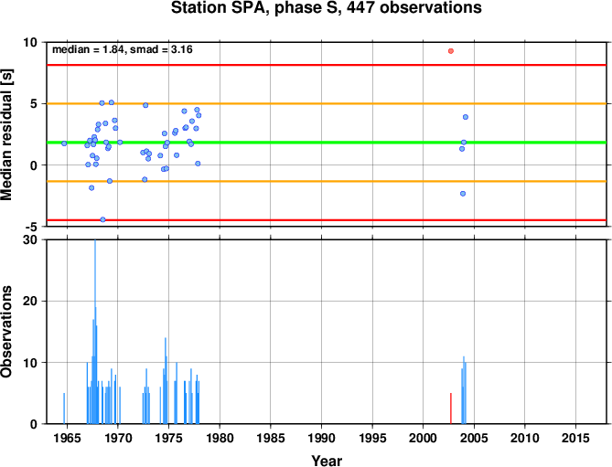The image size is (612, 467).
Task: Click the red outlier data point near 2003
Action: pyautogui.click(x=451, y=51)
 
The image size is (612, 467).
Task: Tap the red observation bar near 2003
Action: pyautogui.click(x=451, y=409)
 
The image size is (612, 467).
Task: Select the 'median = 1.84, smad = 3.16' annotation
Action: pyautogui.click(x=123, y=49)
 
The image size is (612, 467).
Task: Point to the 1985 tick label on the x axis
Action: pyautogui.click(x=271, y=438)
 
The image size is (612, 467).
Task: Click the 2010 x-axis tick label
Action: pyautogui.click(x=524, y=438)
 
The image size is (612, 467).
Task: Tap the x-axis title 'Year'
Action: pyautogui.click(x=327, y=461)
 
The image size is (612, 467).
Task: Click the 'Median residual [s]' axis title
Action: pyautogui.click(x=6, y=134)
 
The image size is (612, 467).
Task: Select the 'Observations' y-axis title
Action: pyautogui.click(x=6, y=332)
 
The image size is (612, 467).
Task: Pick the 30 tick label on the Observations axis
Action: pyautogui.click(x=30, y=239)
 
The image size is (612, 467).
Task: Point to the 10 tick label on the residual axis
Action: pyautogui.click(x=30, y=42)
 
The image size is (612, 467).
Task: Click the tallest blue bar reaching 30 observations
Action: pyautogui.click(x=95, y=332)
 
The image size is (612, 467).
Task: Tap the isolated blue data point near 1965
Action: pyautogui.click(x=64, y=143)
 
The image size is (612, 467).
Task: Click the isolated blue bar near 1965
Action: pyautogui.click(x=64, y=409)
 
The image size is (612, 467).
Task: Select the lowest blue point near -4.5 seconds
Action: pyautogui.click(x=102, y=219)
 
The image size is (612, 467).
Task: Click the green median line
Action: pyautogui.click(x=327, y=143)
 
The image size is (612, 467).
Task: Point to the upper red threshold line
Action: pyautogui.click(x=327, y=65)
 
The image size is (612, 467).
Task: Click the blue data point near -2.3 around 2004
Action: pyautogui.click(x=463, y=194)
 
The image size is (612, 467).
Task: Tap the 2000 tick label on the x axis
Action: pyautogui.click(x=423, y=438)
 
